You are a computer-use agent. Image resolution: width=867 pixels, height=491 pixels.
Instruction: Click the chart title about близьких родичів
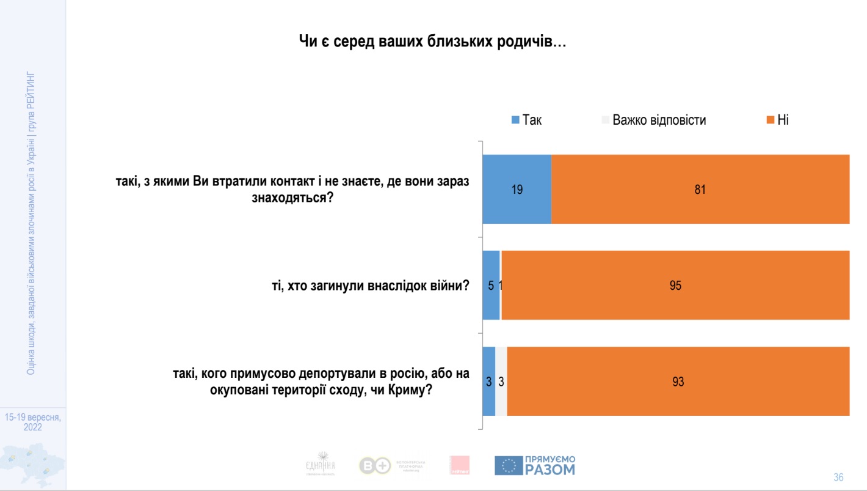click(x=433, y=42)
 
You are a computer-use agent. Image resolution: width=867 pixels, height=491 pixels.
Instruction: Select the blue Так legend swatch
click(x=515, y=120)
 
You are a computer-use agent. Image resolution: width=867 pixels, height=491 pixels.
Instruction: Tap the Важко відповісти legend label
click(x=659, y=120)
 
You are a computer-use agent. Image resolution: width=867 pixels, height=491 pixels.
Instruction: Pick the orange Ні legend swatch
click(x=771, y=120)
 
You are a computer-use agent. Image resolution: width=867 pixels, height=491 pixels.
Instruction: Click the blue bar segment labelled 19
click(x=517, y=190)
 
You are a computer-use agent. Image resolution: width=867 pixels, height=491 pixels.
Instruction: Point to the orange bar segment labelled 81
click(x=700, y=190)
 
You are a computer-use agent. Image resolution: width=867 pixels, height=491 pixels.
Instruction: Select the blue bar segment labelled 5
click(x=491, y=285)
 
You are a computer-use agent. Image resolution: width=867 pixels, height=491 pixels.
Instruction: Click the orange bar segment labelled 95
click(x=675, y=285)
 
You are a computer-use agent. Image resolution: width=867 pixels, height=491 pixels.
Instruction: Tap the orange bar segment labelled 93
click(x=678, y=382)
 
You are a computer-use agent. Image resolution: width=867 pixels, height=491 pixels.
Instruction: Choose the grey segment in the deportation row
click(x=501, y=382)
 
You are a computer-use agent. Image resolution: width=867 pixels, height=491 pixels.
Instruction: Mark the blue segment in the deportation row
click(x=488, y=382)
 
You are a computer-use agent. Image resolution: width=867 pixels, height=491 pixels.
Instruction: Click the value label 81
click(x=700, y=190)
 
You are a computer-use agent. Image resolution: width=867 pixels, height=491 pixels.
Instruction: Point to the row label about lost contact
click(x=292, y=190)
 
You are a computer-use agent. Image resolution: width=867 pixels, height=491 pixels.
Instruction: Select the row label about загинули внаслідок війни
click(x=375, y=285)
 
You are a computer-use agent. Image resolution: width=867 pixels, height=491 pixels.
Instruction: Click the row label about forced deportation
click(x=321, y=382)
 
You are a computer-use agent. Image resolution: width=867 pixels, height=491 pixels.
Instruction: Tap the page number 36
click(x=838, y=477)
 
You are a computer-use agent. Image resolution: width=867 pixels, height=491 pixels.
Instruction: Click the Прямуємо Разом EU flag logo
click(x=508, y=466)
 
